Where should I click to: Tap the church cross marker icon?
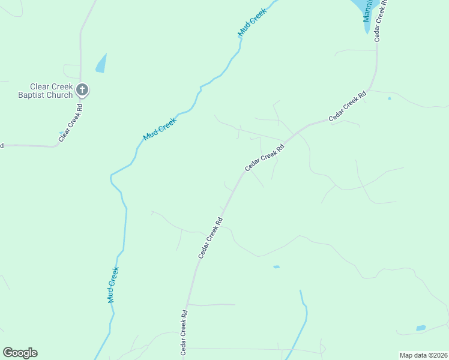pyautogui.click(x=83, y=91)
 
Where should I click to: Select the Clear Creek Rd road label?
pyautogui.click(x=70, y=123)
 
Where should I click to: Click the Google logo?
pyautogui.click(x=20, y=353)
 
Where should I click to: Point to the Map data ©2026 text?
pyautogui.click(x=423, y=355)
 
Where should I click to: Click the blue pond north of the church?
pyautogui.click(x=101, y=64)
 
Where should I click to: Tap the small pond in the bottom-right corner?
pyautogui.click(x=421, y=328)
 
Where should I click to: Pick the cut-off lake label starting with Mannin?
pyautogui.click(x=368, y=11)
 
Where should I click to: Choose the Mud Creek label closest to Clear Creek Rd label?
pyautogui.click(x=160, y=129)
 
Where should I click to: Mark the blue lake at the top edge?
pyautogui.click(x=363, y=7)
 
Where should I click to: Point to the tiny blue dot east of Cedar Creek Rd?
pyautogui.click(x=390, y=98)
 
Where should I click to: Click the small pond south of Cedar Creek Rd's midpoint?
pyautogui.click(x=276, y=267)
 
